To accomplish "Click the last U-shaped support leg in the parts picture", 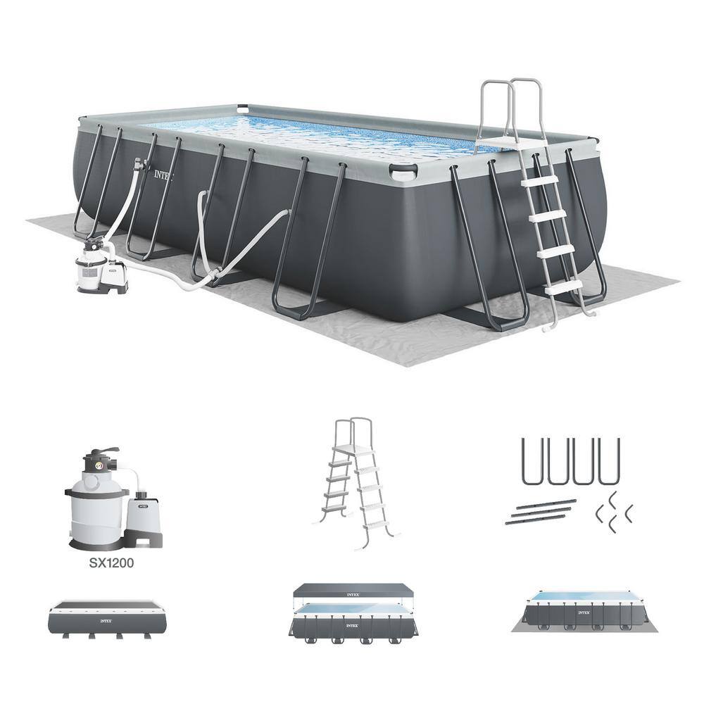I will tap(608, 462).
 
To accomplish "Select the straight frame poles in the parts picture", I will tap(539, 513).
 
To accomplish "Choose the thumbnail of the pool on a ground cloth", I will tap(579, 612).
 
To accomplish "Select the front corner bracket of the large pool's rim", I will tap(403, 171).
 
